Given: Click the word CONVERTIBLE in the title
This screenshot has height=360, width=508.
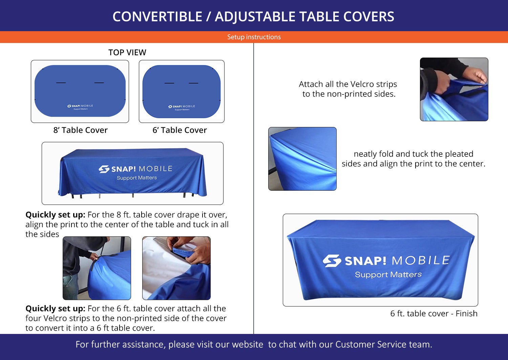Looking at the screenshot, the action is (x=157, y=17).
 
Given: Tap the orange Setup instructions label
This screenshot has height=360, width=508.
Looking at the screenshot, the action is (x=254, y=37).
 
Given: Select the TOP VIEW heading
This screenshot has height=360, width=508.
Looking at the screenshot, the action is (x=127, y=52).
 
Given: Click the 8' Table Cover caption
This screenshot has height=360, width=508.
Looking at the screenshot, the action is (x=80, y=130).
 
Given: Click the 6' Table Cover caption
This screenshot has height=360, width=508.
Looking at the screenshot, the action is (x=179, y=130).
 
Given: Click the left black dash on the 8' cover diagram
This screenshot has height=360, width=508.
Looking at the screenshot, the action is (x=61, y=83).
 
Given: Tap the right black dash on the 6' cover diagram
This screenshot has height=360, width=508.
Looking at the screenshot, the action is (x=193, y=83).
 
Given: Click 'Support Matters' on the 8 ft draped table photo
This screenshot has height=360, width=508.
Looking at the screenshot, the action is (x=137, y=177).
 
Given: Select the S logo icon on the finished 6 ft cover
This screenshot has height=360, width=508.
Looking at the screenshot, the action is (x=332, y=261).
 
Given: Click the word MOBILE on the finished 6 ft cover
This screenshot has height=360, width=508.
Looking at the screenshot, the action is (x=421, y=260).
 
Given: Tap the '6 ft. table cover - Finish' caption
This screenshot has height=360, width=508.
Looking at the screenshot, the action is (x=434, y=314).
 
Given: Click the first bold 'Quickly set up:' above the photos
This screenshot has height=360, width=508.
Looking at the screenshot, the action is (x=55, y=215).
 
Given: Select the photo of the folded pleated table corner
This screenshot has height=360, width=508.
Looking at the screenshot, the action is (x=302, y=159).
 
